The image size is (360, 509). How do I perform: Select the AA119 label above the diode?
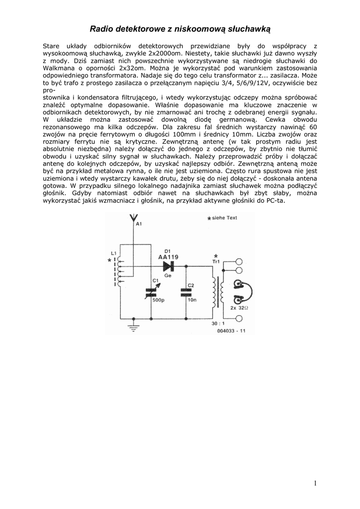tap(168, 257)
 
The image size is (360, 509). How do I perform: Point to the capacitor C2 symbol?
tap(185, 292)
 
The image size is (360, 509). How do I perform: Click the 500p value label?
tap(159, 300)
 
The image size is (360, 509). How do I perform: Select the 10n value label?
tap(192, 300)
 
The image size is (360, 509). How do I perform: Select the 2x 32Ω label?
tap(240, 308)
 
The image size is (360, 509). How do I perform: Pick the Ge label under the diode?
tap(168, 275)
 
